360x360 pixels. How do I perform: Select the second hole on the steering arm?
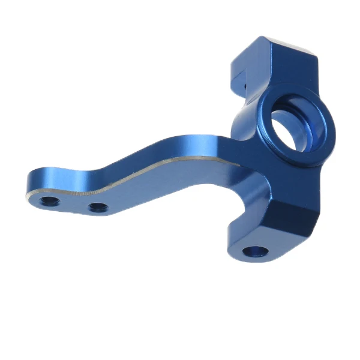[x=98, y=208]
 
